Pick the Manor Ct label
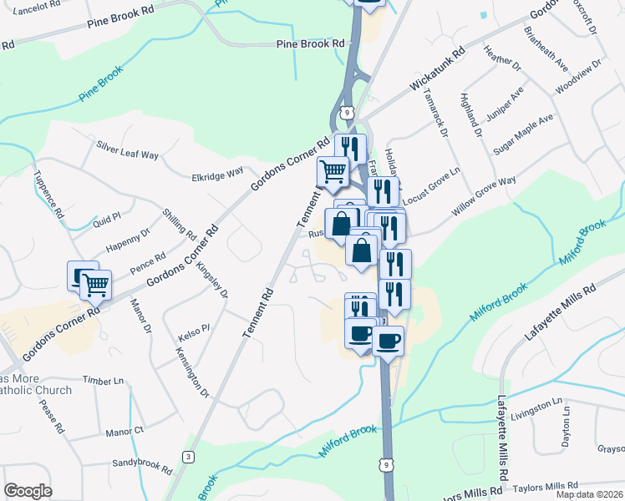click(125, 432)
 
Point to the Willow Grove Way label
click(484, 197)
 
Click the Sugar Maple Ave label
click(523, 132)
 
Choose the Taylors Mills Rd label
click(546, 485)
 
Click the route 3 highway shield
click(189, 456)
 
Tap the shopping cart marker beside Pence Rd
click(94, 285)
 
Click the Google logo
click(28, 491)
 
